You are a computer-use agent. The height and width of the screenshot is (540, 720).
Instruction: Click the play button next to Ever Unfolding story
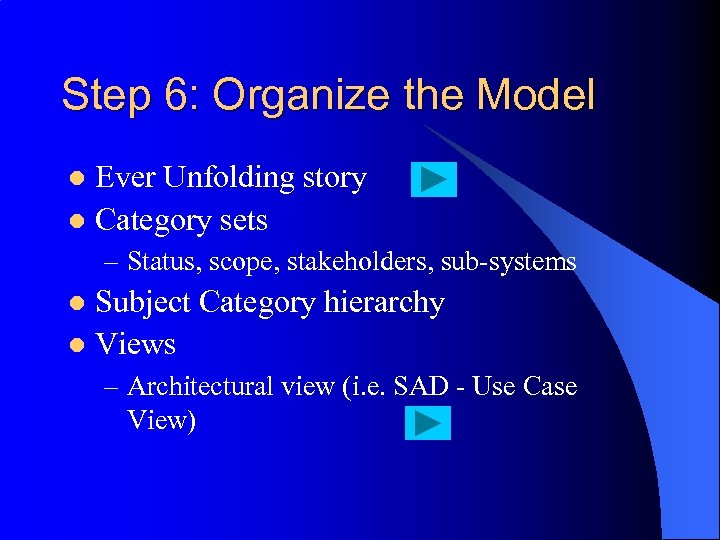pyautogui.click(x=433, y=179)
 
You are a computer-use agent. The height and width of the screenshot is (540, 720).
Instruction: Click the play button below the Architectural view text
pyautogui.click(x=427, y=423)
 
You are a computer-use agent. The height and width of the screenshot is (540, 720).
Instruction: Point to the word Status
pyautogui.click(x=161, y=262)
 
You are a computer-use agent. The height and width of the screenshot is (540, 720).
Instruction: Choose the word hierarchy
pyautogui.click(x=384, y=303)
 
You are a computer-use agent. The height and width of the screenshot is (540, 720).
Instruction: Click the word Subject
pyautogui.click(x=144, y=303)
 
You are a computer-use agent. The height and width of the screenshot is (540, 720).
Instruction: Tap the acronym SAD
pyautogui.click(x=421, y=386)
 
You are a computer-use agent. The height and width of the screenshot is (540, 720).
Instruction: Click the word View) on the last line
pyautogui.click(x=162, y=420)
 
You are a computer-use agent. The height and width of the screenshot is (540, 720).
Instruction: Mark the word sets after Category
pyautogui.click(x=244, y=220)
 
